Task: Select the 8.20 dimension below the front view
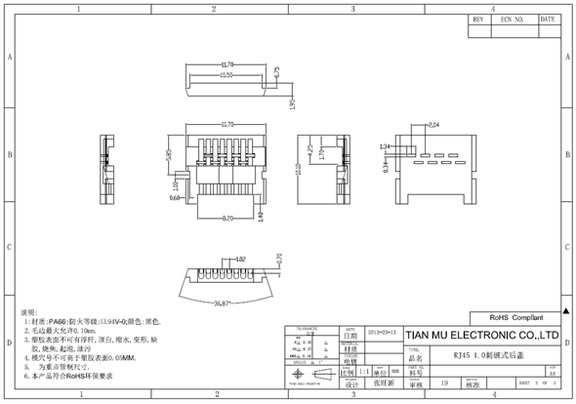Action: (227, 218)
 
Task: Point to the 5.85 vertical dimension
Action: (168, 154)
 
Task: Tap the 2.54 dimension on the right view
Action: (433, 125)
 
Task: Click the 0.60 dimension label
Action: (176, 198)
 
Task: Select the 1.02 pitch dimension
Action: (240, 260)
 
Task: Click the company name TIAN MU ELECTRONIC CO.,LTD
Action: (481, 336)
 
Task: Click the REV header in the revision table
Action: (479, 19)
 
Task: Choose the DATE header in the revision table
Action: (548, 19)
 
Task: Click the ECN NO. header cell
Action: (513, 19)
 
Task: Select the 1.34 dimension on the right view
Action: (385, 146)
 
